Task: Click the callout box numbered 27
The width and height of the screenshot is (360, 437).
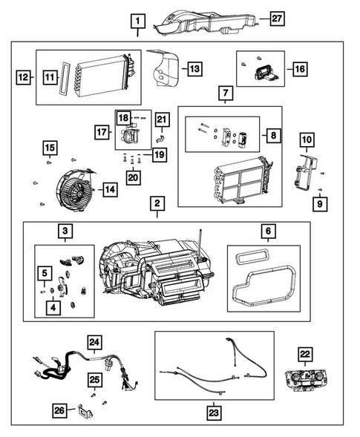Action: click(277, 19)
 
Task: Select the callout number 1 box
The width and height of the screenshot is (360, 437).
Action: click(138, 22)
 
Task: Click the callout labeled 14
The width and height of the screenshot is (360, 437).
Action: click(110, 190)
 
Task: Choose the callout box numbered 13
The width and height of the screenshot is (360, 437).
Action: click(194, 68)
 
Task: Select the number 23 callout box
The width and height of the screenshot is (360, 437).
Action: click(214, 413)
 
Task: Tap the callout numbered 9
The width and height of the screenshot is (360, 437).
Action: click(320, 204)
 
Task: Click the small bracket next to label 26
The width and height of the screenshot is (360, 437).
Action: click(85, 411)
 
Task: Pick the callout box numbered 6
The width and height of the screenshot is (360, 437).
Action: click(268, 231)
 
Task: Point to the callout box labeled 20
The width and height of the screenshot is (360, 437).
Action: click(133, 177)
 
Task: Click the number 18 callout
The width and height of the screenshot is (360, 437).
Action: click(123, 118)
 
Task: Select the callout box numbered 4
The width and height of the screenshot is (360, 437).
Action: click(53, 307)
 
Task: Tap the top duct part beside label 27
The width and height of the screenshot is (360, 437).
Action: click(205, 24)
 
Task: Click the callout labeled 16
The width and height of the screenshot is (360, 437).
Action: click(300, 69)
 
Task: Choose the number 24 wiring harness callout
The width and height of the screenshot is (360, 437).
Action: click(94, 342)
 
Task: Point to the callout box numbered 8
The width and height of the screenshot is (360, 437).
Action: click(274, 136)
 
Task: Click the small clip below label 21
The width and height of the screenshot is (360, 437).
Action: click(162, 137)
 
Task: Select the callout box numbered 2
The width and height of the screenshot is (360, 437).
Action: click(157, 203)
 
